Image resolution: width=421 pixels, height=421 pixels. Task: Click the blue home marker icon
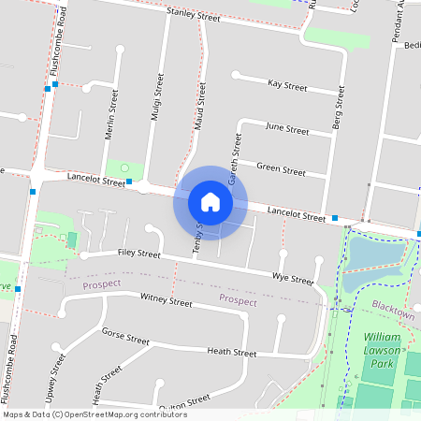pos(210,202)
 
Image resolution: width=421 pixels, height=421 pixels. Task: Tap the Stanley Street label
pos(193,17)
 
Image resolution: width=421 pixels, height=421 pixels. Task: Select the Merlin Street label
pos(112,114)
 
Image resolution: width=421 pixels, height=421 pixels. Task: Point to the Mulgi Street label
pos(157,98)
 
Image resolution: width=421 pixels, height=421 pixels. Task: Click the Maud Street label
pos(199,106)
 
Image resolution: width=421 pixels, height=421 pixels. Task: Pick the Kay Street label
pos(287,85)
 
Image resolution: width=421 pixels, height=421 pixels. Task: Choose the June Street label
pos(287,129)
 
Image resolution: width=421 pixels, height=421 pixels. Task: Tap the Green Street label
pos(281,171)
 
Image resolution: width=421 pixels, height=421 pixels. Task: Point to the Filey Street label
pos(139,253)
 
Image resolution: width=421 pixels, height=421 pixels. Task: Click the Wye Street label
pos(292,279)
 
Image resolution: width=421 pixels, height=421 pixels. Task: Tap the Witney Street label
pos(166,300)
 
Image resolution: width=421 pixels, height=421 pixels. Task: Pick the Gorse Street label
pos(125,335)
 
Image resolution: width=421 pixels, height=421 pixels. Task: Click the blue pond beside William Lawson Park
pos(374,257)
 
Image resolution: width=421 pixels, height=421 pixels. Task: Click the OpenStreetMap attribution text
pos(94,414)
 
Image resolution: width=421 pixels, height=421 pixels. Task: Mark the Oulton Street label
pos(183,407)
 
